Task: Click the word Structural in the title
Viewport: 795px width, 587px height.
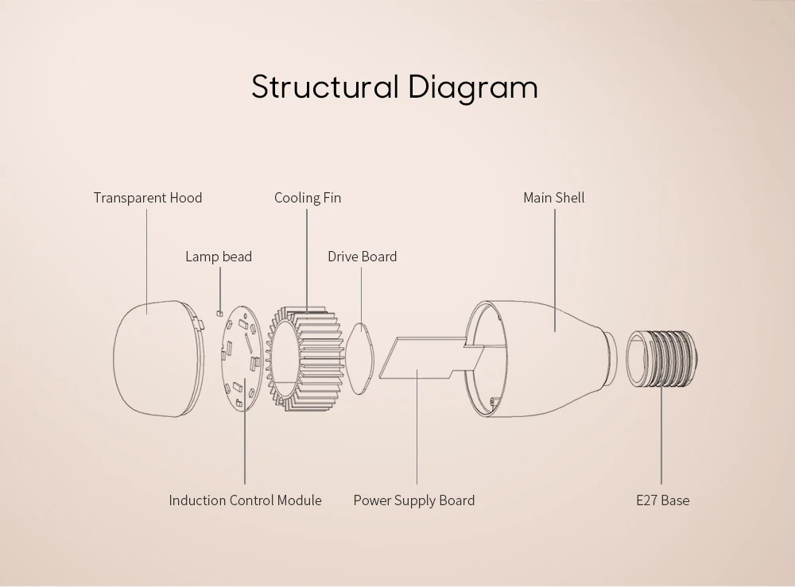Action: click(x=325, y=87)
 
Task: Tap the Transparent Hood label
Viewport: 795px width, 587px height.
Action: click(x=148, y=198)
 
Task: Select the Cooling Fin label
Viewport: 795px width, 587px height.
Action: click(x=308, y=198)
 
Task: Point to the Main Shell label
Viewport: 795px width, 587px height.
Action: click(x=553, y=198)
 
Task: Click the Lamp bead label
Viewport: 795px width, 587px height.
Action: click(x=219, y=257)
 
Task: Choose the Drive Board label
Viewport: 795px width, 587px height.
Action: click(x=362, y=257)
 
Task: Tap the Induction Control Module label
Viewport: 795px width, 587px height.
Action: click(x=245, y=500)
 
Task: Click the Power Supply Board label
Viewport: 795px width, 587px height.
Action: click(x=413, y=500)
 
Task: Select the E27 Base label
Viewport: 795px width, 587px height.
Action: click(x=663, y=500)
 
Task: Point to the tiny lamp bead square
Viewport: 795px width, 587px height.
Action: click(x=219, y=314)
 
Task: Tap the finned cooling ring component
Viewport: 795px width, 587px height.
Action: click(x=305, y=358)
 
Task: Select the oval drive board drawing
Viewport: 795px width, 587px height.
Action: click(x=359, y=358)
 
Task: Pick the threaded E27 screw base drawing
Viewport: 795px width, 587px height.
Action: click(x=661, y=358)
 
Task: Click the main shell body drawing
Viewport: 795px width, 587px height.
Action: click(x=542, y=359)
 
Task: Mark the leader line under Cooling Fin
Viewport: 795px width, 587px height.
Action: click(x=307, y=261)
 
